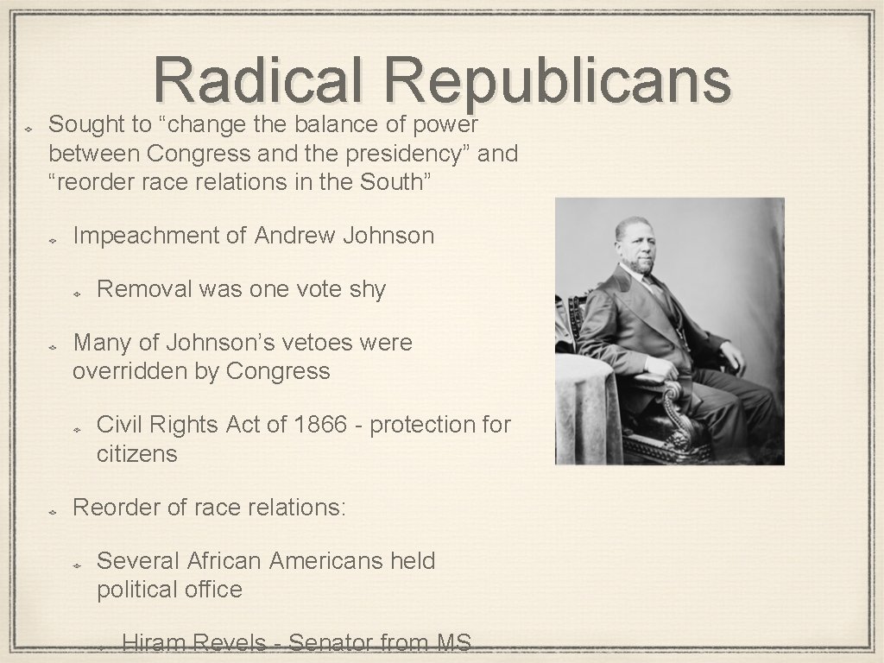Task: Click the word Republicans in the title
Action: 559,80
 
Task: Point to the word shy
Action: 367,289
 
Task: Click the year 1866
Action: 323,425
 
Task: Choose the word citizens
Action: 136,453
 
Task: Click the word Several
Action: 136,561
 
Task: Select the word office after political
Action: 212,590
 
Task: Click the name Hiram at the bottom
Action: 154,643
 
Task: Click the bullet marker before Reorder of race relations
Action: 52,510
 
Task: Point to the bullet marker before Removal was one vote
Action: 76,293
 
